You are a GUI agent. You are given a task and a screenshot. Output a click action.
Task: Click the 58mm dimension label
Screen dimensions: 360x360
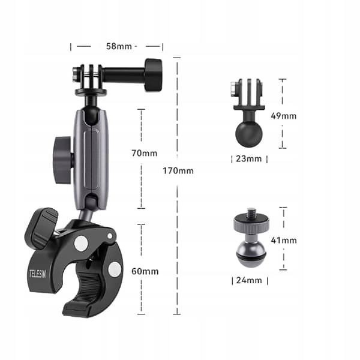point(119,46)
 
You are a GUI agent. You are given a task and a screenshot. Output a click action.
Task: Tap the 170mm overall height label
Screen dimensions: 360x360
point(178,171)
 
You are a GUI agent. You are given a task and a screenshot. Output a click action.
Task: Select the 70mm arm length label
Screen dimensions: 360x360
point(145,153)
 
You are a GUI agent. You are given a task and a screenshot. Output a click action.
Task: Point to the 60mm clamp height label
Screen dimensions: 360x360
point(145,271)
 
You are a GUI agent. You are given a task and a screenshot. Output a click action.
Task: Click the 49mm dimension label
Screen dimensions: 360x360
point(284,116)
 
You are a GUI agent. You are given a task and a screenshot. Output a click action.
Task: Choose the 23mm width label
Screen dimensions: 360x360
point(249,158)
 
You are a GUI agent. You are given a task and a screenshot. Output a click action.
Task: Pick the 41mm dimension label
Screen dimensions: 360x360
point(284,241)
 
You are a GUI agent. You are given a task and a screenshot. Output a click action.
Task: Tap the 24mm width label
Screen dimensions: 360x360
point(249,280)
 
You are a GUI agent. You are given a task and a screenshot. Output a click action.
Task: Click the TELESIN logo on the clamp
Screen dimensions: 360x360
point(37,274)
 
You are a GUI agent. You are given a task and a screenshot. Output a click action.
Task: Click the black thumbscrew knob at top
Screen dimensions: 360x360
point(154,75)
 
